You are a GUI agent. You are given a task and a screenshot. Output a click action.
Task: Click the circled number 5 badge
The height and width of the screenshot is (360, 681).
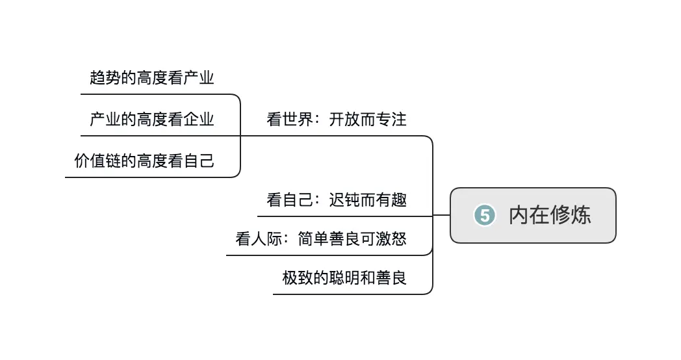[485, 215]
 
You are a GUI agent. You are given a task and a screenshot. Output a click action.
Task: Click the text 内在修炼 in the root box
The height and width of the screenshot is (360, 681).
[550, 215]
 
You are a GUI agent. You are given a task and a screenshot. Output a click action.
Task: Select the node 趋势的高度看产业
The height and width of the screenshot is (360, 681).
[152, 79]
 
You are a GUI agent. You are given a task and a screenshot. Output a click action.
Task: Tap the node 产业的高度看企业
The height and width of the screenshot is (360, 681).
[152, 120]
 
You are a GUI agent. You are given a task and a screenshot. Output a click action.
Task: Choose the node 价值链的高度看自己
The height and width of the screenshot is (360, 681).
[144, 161]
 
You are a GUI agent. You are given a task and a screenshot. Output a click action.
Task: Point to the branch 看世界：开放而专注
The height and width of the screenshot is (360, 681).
[337, 120]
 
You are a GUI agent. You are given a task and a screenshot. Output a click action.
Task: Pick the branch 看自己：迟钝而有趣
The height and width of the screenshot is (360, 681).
[337, 199]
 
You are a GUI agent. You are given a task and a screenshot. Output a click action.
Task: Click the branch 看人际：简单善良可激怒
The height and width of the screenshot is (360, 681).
[321, 239]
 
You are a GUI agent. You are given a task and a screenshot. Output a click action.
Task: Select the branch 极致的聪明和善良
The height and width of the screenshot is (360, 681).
[344, 278]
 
